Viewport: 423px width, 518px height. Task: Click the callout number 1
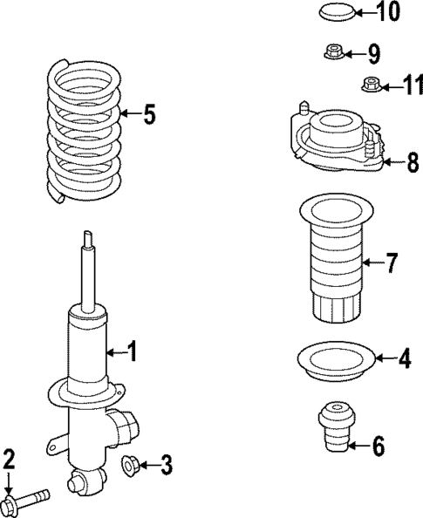pos(133,352)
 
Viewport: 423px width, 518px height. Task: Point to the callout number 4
pos(404,358)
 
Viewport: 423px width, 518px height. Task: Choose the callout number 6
pos(378,446)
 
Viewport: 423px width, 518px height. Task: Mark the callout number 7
pos(392,261)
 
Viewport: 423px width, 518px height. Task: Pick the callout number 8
pos(413,162)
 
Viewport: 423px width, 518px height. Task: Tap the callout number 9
pos(374,55)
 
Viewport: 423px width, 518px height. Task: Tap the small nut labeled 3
pos(130,466)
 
